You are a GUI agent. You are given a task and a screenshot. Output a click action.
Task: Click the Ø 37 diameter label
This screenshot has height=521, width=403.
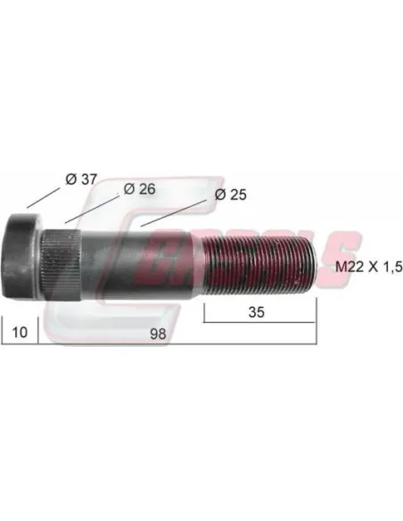click(x=80, y=179)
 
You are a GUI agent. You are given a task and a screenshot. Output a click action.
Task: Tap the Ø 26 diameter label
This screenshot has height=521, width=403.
click(x=139, y=189)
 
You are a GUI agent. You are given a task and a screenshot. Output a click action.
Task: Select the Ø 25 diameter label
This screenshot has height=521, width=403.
click(x=230, y=194)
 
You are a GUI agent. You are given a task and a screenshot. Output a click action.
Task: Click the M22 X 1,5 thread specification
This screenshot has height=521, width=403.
click(x=369, y=267)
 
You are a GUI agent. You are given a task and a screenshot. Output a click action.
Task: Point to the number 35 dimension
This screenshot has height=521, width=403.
click(x=256, y=312)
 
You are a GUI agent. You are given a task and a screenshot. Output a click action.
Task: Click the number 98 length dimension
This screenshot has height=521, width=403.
click(x=158, y=334)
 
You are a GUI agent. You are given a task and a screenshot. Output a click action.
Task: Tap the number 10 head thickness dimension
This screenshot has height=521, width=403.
click(x=20, y=332)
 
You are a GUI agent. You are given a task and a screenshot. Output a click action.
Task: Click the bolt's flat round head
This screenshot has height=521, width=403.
click(x=21, y=258)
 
